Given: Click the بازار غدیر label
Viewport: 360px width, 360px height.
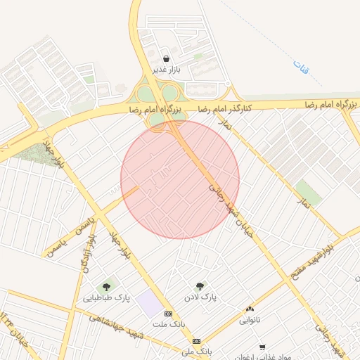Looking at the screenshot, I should (166, 70).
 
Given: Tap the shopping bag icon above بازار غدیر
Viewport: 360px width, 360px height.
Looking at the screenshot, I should (166, 59).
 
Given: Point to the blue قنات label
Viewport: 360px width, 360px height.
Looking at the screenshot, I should (302, 69).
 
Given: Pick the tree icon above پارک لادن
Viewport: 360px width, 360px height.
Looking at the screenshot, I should (200, 286).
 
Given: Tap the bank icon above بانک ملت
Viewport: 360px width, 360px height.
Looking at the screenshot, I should (168, 314).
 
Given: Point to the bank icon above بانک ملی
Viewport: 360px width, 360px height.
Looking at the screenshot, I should (196, 341).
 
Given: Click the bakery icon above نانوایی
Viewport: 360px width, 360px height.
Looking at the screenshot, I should (250, 309).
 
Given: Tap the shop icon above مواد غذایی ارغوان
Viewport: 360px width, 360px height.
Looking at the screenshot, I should (262, 347).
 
